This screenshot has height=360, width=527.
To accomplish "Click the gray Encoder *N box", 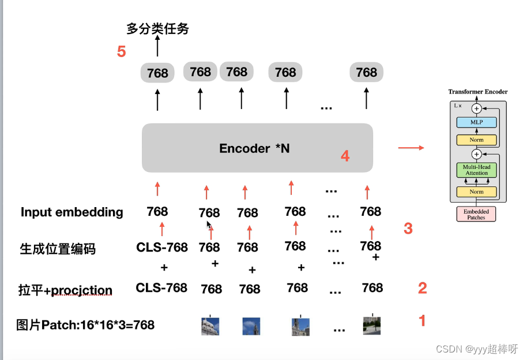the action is [257, 148].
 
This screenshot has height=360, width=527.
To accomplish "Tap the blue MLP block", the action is [476, 122].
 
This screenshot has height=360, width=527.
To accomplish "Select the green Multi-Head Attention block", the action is [476, 170].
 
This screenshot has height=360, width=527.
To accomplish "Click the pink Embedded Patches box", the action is [476, 215].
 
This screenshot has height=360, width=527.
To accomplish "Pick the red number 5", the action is [121, 52].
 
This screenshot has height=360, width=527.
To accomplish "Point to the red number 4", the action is [345, 156].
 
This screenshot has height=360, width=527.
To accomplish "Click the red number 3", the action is [408, 228].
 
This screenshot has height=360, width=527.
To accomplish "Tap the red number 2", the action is [422, 288].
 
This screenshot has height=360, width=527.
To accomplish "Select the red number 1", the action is [422, 320].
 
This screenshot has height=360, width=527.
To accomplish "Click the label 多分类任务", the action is [157, 28].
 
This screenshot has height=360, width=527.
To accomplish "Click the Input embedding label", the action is [72, 212].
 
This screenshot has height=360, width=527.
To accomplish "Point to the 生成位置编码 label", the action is [58, 249].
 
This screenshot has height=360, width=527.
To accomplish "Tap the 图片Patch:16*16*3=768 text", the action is [85, 325].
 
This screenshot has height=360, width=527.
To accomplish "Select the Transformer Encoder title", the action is [478, 92].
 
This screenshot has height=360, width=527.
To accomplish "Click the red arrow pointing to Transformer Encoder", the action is [411, 148].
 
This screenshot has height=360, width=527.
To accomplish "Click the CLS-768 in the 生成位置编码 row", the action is [162, 247].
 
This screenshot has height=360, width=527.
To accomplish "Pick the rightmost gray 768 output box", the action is [367, 72].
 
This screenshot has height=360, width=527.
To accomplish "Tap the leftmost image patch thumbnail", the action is [210, 326].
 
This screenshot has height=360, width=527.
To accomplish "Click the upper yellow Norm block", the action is [476, 140].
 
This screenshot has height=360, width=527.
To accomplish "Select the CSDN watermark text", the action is [477, 349].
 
